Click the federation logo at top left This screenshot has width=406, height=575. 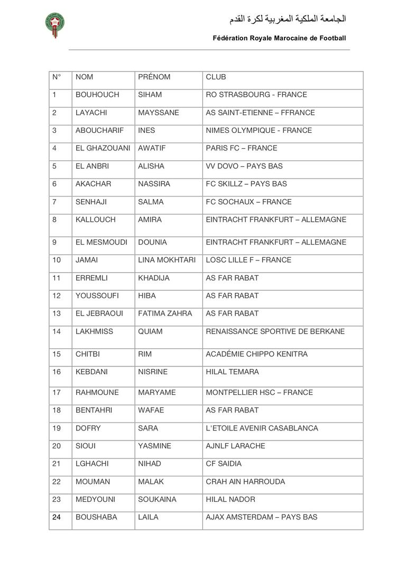click(x=55, y=25)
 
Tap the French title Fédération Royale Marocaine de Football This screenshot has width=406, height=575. click(x=279, y=38)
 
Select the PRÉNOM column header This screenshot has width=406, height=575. click(x=154, y=77)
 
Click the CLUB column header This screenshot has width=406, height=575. click(x=216, y=77)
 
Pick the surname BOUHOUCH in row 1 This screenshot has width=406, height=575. click(x=97, y=95)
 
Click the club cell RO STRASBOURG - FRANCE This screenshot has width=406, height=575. click(x=256, y=95)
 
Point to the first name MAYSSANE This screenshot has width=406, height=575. click(x=158, y=113)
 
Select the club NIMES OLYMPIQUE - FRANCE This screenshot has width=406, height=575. click(x=259, y=130)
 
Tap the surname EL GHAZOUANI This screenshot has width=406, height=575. click(x=103, y=148)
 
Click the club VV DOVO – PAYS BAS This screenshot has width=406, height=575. click(x=244, y=166)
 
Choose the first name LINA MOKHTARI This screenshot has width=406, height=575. click(x=167, y=260)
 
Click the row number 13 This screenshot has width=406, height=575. click(x=57, y=313)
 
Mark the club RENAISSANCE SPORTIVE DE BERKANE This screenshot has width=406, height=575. click(x=275, y=331)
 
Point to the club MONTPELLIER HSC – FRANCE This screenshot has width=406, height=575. click(x=259, y=392)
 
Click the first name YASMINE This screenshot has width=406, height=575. click(x=154, y=446)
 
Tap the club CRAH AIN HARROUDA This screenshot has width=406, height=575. click(x=245, y=482)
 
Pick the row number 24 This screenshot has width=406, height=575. click(x=57, y=517)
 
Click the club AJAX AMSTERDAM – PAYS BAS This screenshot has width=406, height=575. click(x=261, y=517)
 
